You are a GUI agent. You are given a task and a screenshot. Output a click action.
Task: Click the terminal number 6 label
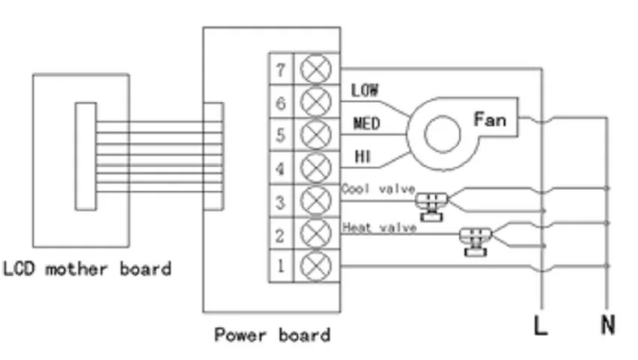(280, 102)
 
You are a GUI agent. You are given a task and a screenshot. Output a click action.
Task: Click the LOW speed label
(364, 90)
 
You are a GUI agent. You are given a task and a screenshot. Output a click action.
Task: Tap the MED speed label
(366, 123)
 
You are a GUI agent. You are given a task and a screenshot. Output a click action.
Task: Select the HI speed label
(362, 156)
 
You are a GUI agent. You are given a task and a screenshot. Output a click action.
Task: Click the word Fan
(490, 119)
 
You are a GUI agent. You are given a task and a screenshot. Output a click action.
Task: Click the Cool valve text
(378, 189)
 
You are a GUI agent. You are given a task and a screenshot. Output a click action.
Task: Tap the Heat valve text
(379, 226)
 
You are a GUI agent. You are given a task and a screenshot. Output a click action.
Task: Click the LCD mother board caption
(86, 268)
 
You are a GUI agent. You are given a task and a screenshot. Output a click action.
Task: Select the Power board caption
(271, 334)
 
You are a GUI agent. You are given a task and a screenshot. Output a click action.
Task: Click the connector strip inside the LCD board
(85, 156)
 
